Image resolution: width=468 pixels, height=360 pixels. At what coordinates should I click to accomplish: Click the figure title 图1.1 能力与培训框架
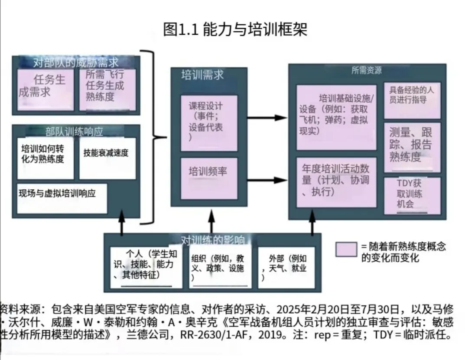click(235, 30)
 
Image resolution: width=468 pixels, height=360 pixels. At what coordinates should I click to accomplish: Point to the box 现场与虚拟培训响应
click(62, 198)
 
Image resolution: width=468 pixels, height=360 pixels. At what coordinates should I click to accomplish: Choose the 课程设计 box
click(209, 122)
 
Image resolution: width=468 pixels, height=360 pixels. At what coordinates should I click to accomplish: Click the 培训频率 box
click(209, 178)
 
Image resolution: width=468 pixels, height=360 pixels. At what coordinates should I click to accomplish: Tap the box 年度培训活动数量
click(336, 182)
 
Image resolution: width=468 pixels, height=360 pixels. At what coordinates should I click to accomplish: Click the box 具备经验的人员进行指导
click(412, 99)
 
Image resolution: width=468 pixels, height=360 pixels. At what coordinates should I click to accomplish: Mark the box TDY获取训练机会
click(412, 195)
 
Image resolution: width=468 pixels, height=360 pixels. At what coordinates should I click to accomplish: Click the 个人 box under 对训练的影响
click(146, 266)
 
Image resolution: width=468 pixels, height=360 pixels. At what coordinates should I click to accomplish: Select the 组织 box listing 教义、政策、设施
click(220, 266)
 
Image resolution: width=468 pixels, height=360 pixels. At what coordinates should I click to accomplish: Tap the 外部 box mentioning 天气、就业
click(286, 266)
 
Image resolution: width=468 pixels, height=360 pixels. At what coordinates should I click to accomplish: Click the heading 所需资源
click(367, 71)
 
